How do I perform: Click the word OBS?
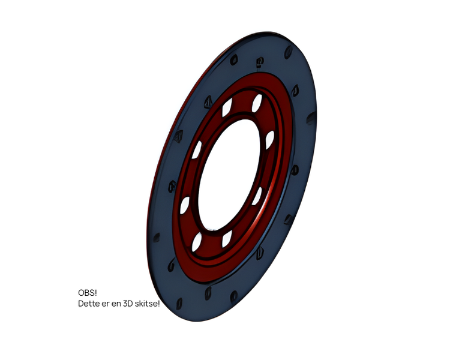(x=88, y=293)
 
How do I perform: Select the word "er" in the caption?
(x=106, y=304)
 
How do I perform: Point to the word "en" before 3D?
(x=116, y=304)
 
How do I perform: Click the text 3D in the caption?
(x=128, y=304)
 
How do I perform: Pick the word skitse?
(x=147, y=304)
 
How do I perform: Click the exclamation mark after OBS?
(x=95, y=293)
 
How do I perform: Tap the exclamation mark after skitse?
(x=158, y=304)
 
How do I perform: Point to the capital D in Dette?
(x=80, y=304)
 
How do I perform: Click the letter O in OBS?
(x=81, y=293)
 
